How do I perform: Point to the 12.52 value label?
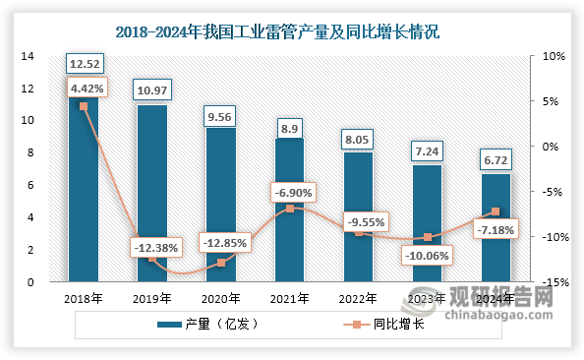pyautogui.click(x=84, y=65)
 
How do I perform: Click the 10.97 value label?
pyautogui.click(x=152, y=90)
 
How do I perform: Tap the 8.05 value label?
pyautogui.click(x=358, y=139)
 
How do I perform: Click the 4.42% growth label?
pyautogui.click(x=85, y=88)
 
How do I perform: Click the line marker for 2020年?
pyautogui.click(x=221, y=263)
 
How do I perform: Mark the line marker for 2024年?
pyautogui.click(x=496, y=211)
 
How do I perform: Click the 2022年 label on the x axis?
pyautogui.click(x=358, y=297)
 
